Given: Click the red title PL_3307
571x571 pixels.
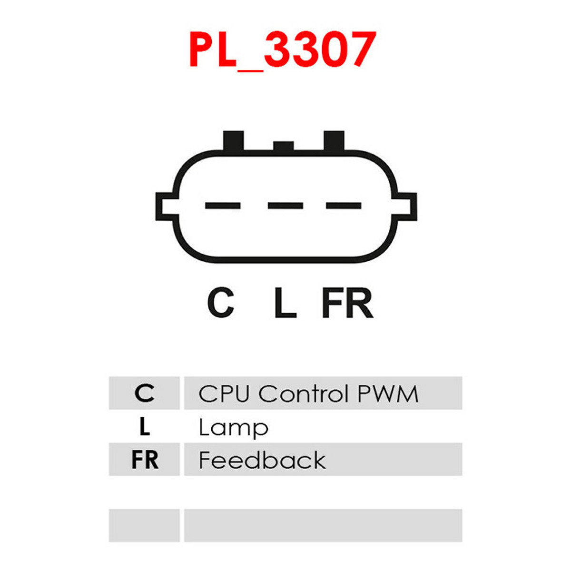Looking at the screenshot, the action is point(283,50).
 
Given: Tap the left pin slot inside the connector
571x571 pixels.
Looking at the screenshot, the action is point(223,206).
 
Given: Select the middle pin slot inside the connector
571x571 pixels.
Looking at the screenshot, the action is point(285,206).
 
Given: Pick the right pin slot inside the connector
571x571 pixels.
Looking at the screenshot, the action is point(344,206).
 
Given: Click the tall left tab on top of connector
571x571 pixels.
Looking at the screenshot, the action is point(234,141).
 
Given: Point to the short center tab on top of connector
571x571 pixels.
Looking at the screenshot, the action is point(283,146).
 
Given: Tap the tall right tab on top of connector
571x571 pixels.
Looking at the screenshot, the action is point(334,141).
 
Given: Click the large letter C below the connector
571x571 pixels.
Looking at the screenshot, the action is point(221,302).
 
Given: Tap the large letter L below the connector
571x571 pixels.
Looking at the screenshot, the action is point(285,302).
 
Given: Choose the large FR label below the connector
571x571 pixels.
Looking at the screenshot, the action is point(347,302).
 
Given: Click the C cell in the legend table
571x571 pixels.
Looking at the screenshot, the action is point(144,393).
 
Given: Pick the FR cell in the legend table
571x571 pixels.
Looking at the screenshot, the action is point(144,460).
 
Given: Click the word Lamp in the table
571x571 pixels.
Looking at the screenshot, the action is point(234,428).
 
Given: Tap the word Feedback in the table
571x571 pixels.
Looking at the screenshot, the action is point(262,460).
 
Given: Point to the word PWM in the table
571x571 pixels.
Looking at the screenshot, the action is point(388,394).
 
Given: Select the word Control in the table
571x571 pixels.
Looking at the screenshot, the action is point(303,394).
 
